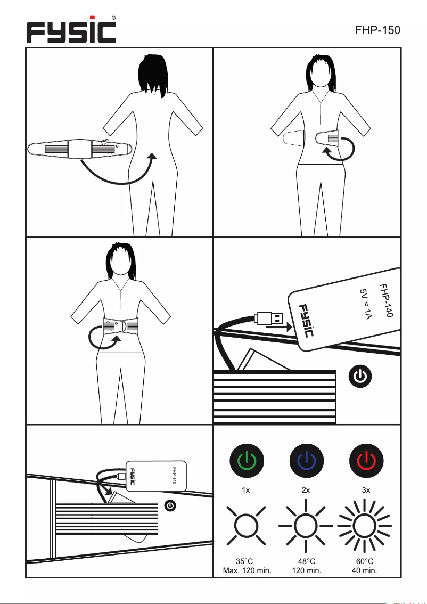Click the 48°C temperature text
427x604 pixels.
(306, 561)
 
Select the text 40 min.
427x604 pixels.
(365, 570)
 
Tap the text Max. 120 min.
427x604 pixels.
(247, 570)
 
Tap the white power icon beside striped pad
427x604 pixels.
(360, 377)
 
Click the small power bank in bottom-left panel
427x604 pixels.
(157, 474)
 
